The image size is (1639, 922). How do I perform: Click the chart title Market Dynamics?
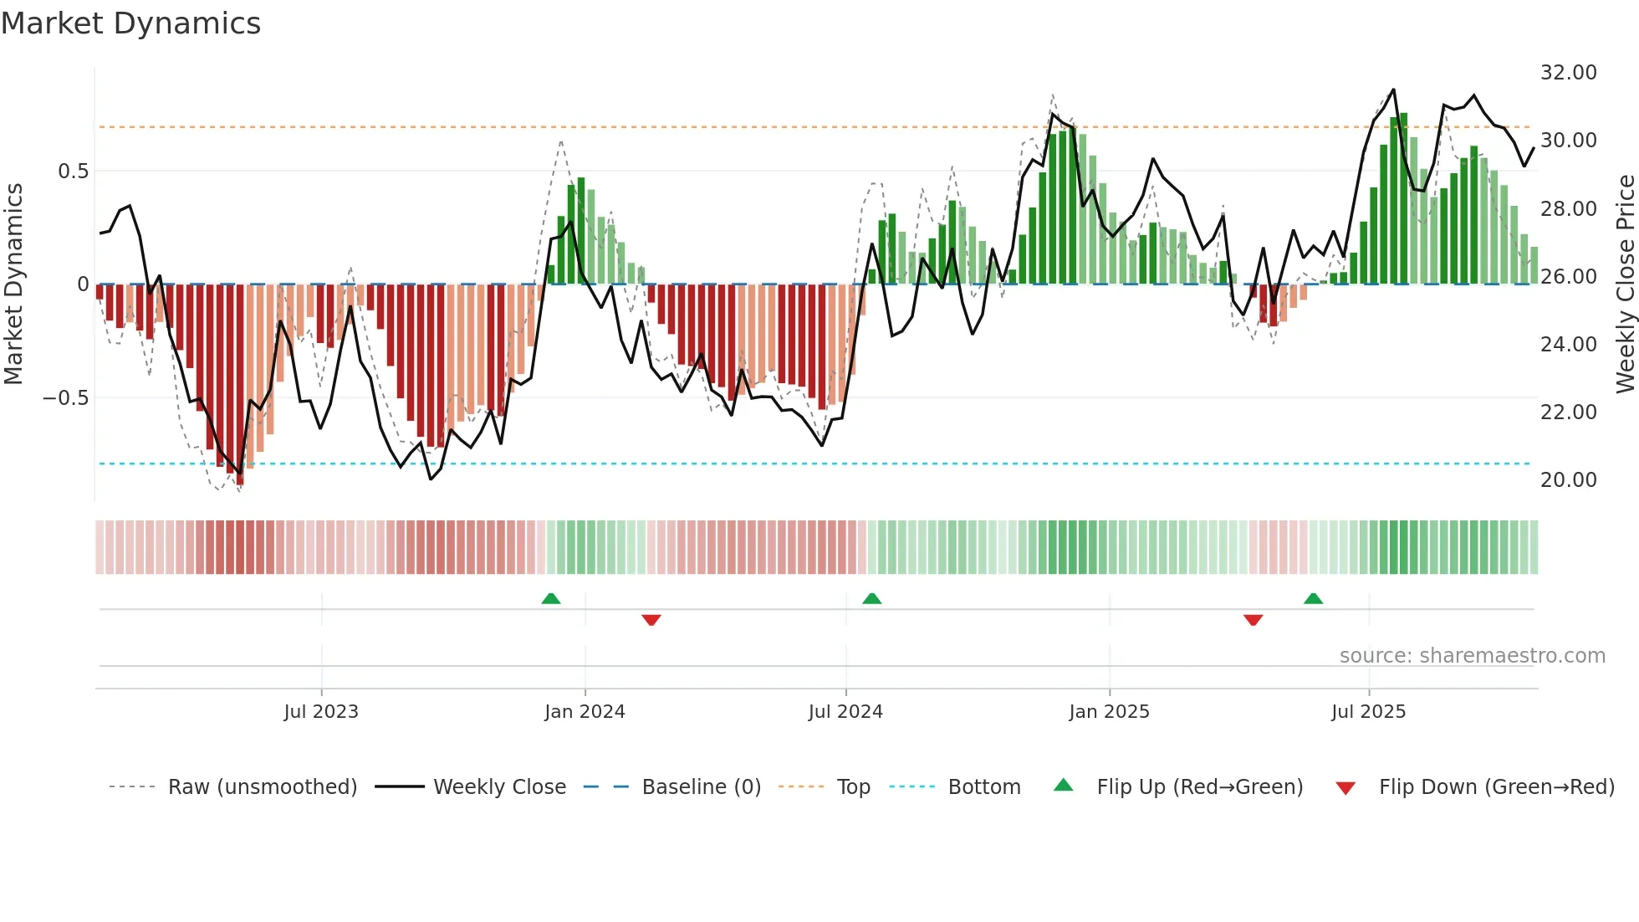pyautogui.click(x=130, y=23)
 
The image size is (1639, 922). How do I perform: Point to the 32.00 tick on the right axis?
pyautogui.click(x=1568, y=73)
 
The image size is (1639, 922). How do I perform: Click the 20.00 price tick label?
pyautogui.click(x=1568, y=480)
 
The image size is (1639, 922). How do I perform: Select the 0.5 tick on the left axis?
pyautogui.click(x=73, y=172)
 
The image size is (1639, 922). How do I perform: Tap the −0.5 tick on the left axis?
pyautogui.click(x=66, y=398)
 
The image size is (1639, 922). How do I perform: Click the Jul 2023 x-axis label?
pyautogui.click(x=321, y=712)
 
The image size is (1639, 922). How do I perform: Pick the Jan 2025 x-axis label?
pyautogui.click(x=1109, y=712)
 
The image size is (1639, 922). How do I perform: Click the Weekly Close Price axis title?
pyautogui.click(x=1625, y=284)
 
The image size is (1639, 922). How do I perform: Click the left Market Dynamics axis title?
pyautogui.click(x=14, y=284)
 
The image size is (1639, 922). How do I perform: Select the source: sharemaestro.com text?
pyautogui.click(x=1472, y=656)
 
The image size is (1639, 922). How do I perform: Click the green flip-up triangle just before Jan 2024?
pyautogui.click(x=550, y=598)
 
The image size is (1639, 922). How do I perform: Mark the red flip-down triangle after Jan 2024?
pyautogui.click(x=651, y=620)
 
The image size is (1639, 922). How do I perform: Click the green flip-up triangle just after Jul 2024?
pyautogui.click(x=871, y=598)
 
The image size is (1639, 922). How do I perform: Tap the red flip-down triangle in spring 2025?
pyautogui.click(x=1253, y=620)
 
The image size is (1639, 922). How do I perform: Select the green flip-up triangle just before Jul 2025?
pyautogui.click(x=1313, y=598)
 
